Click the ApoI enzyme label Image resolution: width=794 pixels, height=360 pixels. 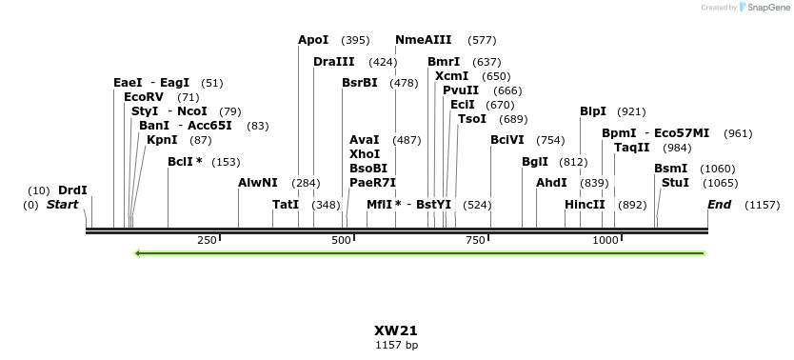click(313, 40)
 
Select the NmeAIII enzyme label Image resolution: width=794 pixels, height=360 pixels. click(423, 40)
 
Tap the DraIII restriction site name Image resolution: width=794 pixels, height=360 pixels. click(333, 62)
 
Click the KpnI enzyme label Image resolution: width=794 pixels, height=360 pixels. click(162, 140)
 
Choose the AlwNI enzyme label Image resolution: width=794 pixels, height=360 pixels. click(258, 182)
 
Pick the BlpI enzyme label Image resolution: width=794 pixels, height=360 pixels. click(593, 111)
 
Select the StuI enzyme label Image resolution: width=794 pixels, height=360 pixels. click(675, 183)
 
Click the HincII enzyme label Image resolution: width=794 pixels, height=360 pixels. click(585, 205)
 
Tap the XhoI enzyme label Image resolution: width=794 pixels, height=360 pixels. click(365, 153)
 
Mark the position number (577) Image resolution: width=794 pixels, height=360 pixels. click(483, 40)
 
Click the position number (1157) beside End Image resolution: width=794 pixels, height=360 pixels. click(763, 205)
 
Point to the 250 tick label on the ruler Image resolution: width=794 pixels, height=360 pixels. click(208, 240)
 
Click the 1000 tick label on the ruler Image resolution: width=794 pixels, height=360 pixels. click(605, 240)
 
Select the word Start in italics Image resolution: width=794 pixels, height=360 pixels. click(62, 205)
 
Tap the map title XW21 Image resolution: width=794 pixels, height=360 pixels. click(396, 330)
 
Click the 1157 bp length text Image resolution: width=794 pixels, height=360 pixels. click(396, 345)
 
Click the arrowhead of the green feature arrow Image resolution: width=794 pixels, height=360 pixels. click(139, 253)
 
